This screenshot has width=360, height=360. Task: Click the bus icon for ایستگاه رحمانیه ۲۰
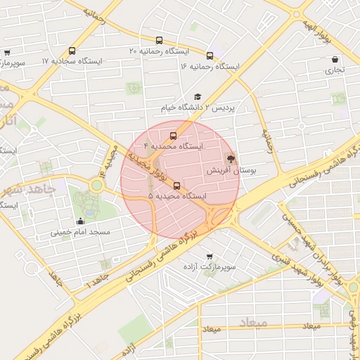159,41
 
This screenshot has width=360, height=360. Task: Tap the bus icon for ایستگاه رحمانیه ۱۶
210,55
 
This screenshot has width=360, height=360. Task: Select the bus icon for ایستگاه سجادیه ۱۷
72,51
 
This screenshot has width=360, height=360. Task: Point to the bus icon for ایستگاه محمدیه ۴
173,136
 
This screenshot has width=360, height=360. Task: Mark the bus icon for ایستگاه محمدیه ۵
176,186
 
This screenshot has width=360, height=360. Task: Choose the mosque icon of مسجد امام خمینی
79,221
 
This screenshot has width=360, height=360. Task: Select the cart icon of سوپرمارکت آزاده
209,257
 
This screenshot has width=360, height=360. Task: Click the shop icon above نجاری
334,59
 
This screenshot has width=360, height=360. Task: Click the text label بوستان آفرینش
231,170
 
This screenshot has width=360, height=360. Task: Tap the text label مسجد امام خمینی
79,232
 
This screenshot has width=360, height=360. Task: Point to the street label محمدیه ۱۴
111,159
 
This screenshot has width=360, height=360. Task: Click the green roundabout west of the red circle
96,185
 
